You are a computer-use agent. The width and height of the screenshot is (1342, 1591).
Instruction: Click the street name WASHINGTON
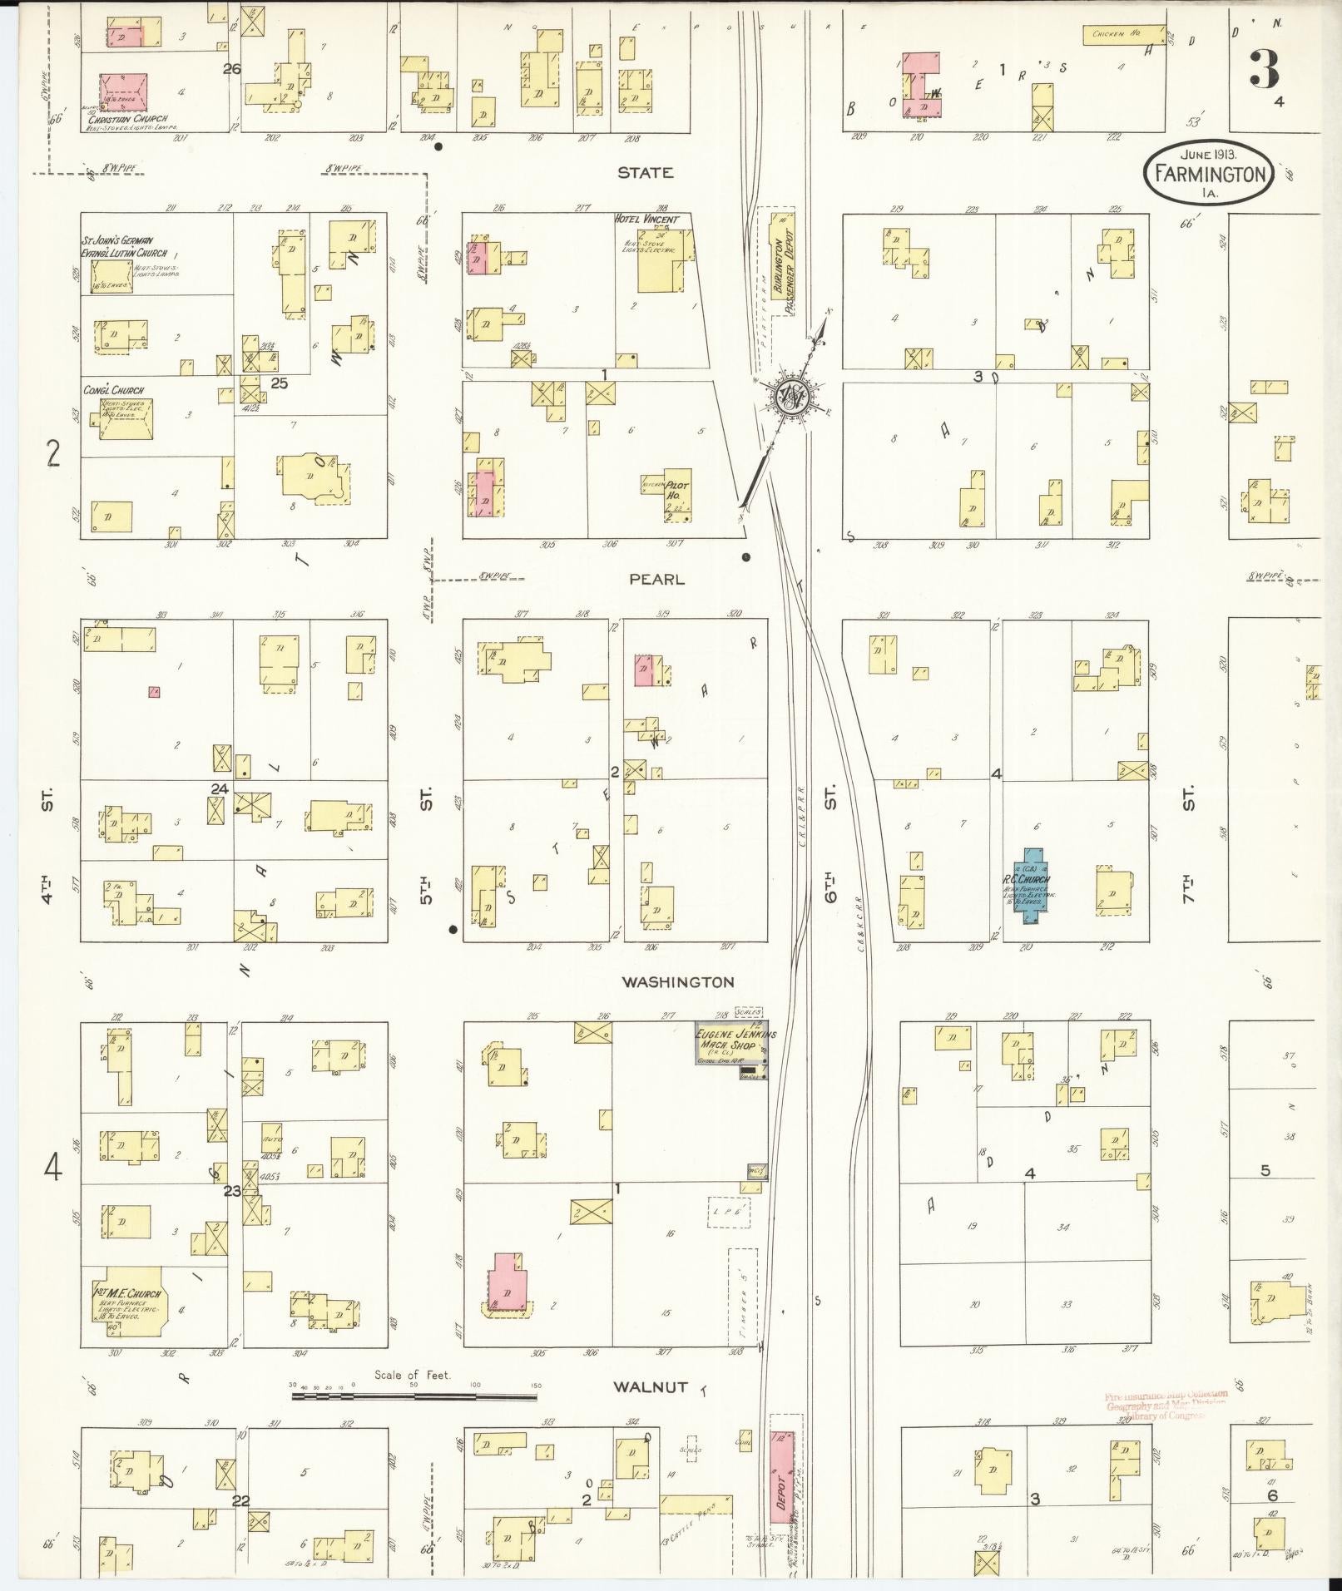pyautogui.click(x=679, y=982)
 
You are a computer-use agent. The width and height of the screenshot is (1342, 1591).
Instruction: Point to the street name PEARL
pyautogui.click(x=656, y=579)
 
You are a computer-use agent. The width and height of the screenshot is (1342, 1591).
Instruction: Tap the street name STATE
pyautogui.click(x=645, y=173)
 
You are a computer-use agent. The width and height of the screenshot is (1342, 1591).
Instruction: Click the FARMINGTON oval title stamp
pyautogui.click(x=1211, y=173)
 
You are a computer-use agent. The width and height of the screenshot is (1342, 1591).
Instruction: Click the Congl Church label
pyautogui.click(x=113, y=390)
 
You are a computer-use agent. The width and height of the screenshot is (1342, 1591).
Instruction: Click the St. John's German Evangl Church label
pyautogui.click(x=123, y=246)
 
